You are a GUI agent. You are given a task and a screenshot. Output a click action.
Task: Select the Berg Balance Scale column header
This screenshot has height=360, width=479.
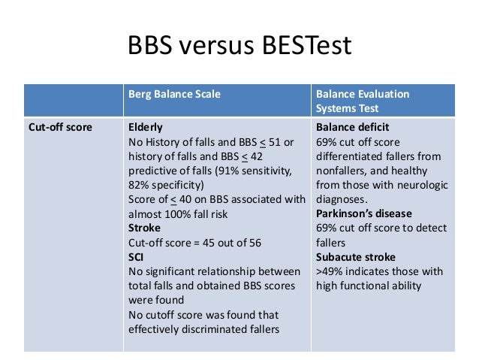click(x=174, y=94)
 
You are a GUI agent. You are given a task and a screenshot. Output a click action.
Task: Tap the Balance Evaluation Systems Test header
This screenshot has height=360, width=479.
click(x=363, y=101)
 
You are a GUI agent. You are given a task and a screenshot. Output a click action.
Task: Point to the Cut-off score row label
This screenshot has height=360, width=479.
click(x=60, y=127)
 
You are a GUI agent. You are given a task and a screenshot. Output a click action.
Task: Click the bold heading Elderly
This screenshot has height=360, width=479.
click(x=146, y=127)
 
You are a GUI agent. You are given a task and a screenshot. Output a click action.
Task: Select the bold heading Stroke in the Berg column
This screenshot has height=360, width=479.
click(x=145, y=227)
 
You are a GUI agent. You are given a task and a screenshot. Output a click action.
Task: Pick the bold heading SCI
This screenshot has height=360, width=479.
click(x=137, y=256)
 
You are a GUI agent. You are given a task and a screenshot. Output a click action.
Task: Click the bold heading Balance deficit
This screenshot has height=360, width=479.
click(x=352, y=127)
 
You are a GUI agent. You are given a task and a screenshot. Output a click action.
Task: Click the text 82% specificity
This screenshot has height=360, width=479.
click(x=164, y=184)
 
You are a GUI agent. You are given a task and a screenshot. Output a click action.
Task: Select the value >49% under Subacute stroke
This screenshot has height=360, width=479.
click(x=331, y=271)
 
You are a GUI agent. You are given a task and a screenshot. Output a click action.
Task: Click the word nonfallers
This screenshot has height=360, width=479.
click(x=342, y=170)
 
